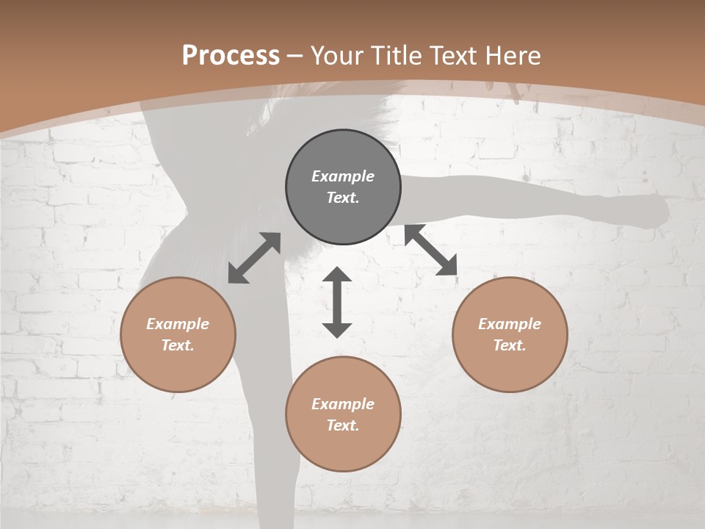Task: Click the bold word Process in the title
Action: click(231, 56)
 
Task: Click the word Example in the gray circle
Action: click(343, 176)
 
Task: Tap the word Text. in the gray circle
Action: click(343, 198)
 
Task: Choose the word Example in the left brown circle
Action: click(178, 324)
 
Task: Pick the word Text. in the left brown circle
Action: click(178, 345)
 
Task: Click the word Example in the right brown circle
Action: click(510, 324)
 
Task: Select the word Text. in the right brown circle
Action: click(510, 345)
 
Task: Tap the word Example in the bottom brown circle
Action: click(343, 404)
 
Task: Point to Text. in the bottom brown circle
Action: click(343, 425)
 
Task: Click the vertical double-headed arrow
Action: click(337, 302)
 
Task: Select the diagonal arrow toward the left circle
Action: click(254, 258)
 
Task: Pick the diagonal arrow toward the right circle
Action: click(431, 251)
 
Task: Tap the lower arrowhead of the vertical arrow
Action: click(337, 329)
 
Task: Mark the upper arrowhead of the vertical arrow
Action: click(337, 276)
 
